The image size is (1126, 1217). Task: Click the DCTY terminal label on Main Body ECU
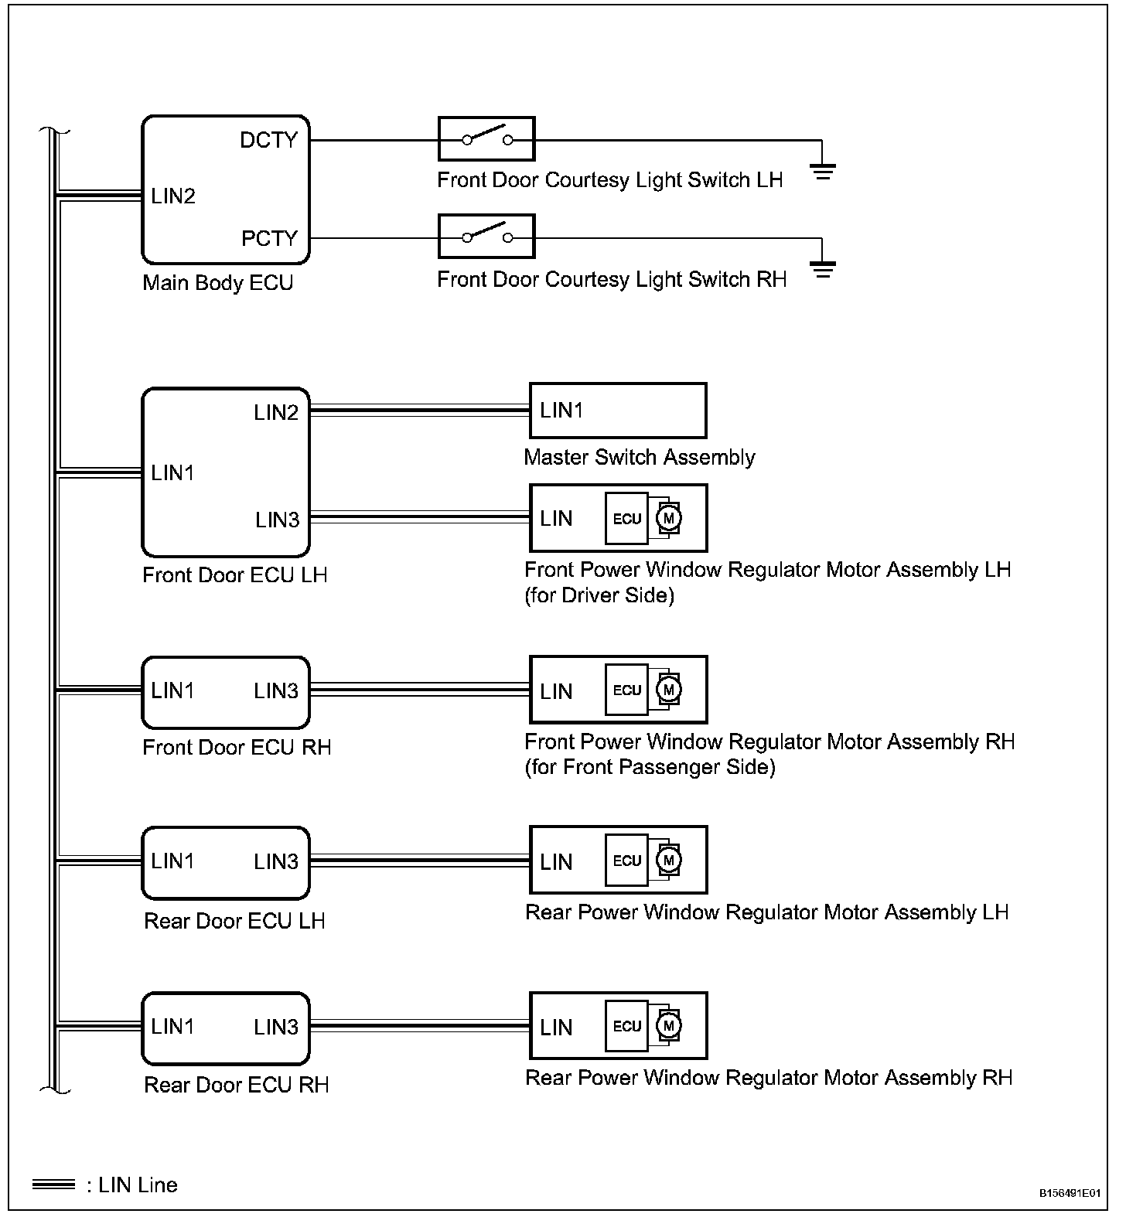(268, 140)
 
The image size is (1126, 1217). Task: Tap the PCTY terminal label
(269, 238)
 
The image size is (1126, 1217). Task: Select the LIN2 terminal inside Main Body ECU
(173, 196)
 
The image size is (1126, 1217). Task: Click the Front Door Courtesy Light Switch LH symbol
(486, 139)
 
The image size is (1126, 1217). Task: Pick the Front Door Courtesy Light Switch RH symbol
(486, 237)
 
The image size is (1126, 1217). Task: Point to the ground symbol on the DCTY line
(823, 171)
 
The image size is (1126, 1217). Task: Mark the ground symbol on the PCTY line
(823, 269)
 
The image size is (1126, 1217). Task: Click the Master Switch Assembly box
(617, 411)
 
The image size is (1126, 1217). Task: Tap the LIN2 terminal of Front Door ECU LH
(276, 413)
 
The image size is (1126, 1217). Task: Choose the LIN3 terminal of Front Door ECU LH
(277, 520)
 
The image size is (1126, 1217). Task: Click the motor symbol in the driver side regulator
(669, 517)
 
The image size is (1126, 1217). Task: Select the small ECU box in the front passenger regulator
(626, 690)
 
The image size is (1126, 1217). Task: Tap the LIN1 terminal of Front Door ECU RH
(172, 690)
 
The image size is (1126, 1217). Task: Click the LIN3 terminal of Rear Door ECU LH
(276, 861)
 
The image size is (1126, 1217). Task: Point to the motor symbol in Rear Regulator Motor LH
(669, 860)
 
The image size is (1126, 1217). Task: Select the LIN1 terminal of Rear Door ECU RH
(172, 1027)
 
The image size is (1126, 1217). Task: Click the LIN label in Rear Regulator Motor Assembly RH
(556, 1028)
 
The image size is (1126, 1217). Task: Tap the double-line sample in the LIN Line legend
(53, 1185)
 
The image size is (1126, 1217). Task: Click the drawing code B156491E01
(1070, 1193)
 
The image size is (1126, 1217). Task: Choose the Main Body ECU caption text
(218, 283)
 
